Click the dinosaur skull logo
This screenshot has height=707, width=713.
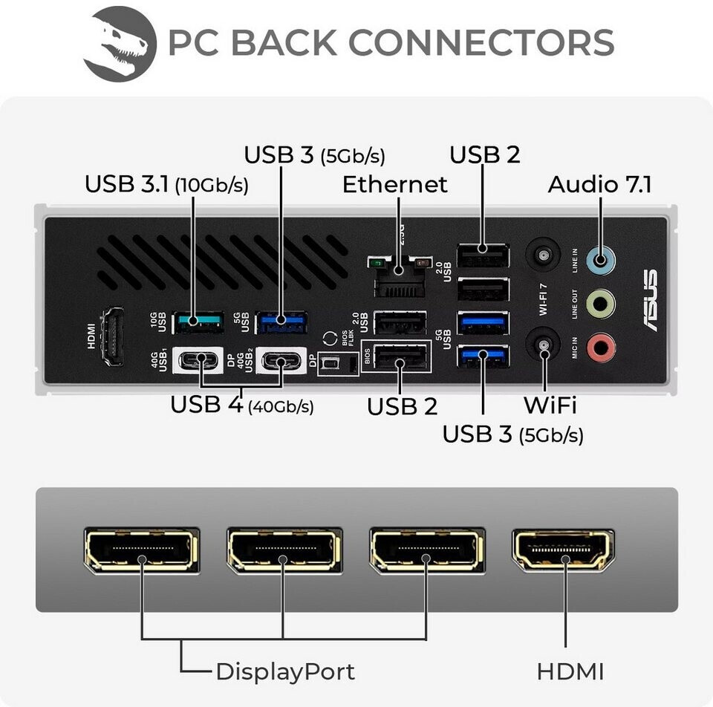click(120, 44)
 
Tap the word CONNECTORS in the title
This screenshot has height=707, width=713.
click(481, 42)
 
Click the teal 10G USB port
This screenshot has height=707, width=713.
click(198, 321)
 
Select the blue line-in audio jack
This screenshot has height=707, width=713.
click(600, 259)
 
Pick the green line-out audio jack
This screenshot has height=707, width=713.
click(600, 303)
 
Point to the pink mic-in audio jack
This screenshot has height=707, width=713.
click(600, 347)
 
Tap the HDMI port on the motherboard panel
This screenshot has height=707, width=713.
click(112, 336)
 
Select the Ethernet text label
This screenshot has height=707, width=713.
click(394, 184)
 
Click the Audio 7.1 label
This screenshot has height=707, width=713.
click(599, 184)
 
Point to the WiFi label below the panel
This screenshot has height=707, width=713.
click(550, 405)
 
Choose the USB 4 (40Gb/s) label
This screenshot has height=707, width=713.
click(241, 405)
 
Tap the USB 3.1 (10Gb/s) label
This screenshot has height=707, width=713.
click(166, 183)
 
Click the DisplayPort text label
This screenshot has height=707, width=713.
click(284, 672)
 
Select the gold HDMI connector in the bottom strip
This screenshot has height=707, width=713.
click(563, 550)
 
